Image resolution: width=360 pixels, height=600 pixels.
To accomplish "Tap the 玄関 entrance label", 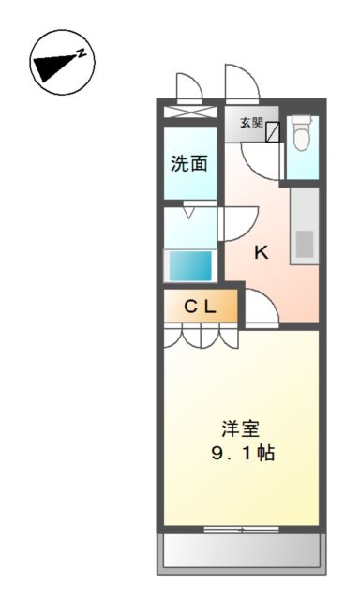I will click(x=250, y=123).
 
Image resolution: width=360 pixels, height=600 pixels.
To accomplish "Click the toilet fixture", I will click(x=302, y=137).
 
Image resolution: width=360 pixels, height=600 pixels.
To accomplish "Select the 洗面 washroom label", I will click(x=188, y=163).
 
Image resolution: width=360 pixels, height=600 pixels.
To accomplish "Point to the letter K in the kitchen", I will click(x=262, y=251).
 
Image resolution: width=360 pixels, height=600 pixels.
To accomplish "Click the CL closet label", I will click(x=200, y=306).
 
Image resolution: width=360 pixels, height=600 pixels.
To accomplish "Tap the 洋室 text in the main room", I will click(x=241, y=430).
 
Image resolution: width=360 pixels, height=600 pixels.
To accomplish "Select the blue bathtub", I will click(x=190, y=265).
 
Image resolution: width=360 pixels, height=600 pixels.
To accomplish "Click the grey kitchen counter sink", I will click(x=305, y=242).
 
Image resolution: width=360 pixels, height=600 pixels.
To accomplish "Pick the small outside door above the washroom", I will click(x=187, y=89).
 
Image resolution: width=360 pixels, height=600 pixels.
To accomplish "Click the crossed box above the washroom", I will click(x=189, y=113).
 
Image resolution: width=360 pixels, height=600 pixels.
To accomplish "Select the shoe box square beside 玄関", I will click(x=273, y=132).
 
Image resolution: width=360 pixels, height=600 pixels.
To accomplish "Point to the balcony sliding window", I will click(x=241, y=530).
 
